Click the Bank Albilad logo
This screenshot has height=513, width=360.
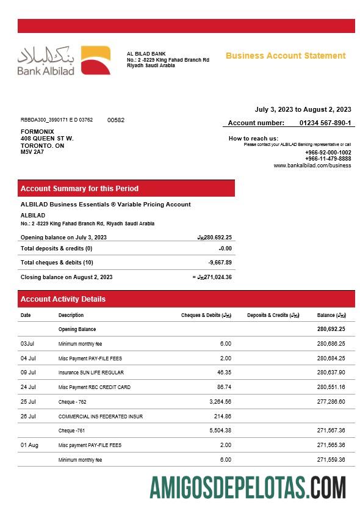tap(63, 60)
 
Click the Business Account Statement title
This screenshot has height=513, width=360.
tap(286, 56)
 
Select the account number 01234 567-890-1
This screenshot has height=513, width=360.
tap(325, 123)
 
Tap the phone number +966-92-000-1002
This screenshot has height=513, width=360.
tap(328, 152)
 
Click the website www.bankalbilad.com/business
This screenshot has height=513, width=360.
tap(312, 166)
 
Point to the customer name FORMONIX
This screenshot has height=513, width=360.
tap(37, 131)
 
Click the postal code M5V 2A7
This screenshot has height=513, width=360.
tap(32, 152)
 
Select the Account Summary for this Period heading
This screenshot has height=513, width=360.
tap(79, 189)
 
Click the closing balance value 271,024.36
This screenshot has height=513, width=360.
tap(214, 277)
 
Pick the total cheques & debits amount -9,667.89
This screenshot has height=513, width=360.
tap(220, 263)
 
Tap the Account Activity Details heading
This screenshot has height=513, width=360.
tap(63, 299)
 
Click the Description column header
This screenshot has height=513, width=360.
tap(71, 315)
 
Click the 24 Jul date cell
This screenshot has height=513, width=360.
tap(28, 387)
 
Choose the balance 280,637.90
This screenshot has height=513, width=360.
tap(331, 373)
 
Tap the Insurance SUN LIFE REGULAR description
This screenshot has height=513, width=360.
tap(91, 373)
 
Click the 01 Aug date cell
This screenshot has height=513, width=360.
tap(29, 445)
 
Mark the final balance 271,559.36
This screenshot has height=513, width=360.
tap(331, 460)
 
